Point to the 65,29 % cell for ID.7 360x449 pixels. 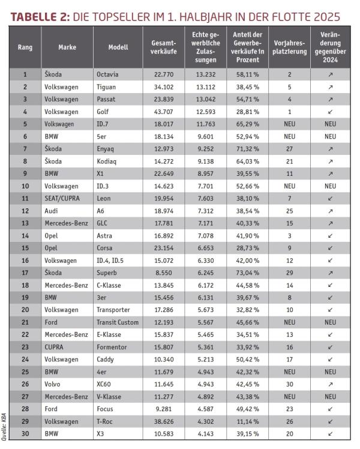coord(247,124)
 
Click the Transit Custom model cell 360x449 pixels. coord(117,322)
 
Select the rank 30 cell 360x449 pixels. coord(25,434)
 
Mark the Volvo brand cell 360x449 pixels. coord(53,384)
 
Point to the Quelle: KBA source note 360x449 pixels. coord(5,420)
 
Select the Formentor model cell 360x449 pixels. coord(112,347)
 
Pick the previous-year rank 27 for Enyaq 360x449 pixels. coord(290,149)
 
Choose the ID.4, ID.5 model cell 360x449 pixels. coord(115,261)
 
